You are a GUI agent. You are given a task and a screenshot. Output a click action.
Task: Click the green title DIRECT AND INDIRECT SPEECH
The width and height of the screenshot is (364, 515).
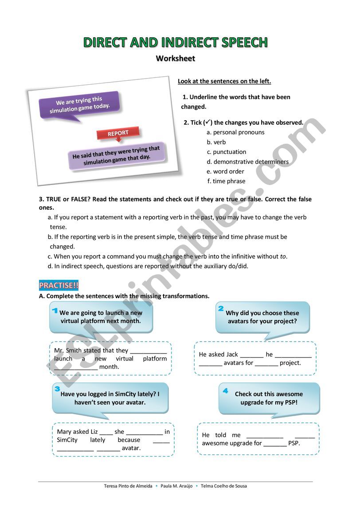click(176, 43)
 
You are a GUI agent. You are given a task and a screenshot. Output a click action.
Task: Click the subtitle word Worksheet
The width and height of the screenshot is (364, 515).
click(176, 58)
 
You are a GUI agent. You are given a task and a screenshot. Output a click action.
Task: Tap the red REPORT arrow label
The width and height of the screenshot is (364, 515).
click(118, 133)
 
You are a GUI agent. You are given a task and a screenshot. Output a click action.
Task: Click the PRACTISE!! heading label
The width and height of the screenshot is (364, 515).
click(59, 285)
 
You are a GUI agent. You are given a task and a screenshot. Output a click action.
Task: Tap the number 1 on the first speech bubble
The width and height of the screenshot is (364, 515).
click(55, 310)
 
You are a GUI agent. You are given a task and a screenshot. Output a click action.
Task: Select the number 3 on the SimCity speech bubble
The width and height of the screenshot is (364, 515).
click(57, 389)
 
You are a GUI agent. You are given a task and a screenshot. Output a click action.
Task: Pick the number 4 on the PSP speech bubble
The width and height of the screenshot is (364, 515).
click(225, 391)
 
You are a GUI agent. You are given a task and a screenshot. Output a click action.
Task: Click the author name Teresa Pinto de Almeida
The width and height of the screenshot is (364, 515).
click(128, 486)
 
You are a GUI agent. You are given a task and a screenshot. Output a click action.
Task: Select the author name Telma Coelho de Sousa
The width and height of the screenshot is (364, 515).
click(224, 486)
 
